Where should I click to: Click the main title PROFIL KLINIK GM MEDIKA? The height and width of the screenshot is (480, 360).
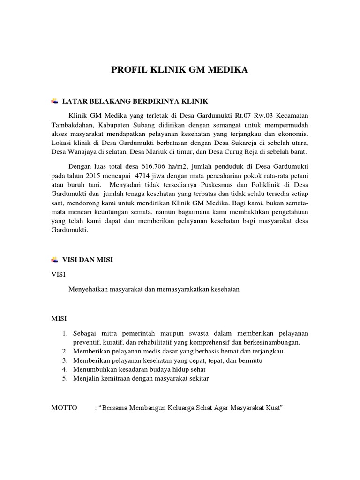pos(180,70)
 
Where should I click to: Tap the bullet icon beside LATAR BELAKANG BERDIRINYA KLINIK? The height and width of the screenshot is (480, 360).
pos(54,101)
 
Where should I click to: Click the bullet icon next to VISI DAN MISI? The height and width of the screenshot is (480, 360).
pos(54,259)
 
